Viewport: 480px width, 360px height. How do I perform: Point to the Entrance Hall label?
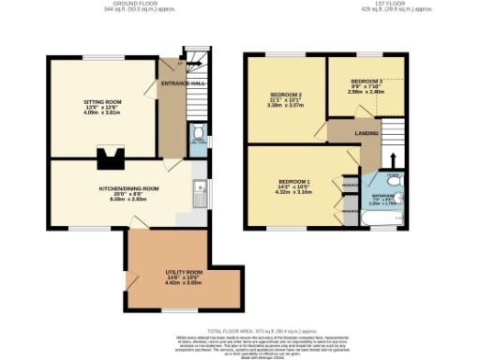[184, 83]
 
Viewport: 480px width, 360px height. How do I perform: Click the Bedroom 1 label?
[294, 182]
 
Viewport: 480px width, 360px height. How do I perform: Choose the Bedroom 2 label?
[287, 96]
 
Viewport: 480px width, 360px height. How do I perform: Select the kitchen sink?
[199, 193]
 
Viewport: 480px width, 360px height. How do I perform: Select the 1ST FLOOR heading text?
[407, 5]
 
